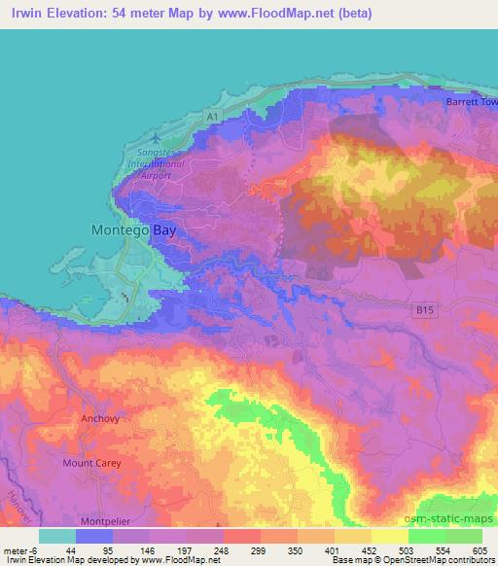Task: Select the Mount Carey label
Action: pyautogui.click(x=91, y=463)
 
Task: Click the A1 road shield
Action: pyautogui.click(x=212, y=117)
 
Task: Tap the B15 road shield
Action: pyautogui.click(x=419, y=309)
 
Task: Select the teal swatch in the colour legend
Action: pyautogui.click(x=57, y=536)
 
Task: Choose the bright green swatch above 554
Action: pyautogui.click(x=427, y=536)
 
